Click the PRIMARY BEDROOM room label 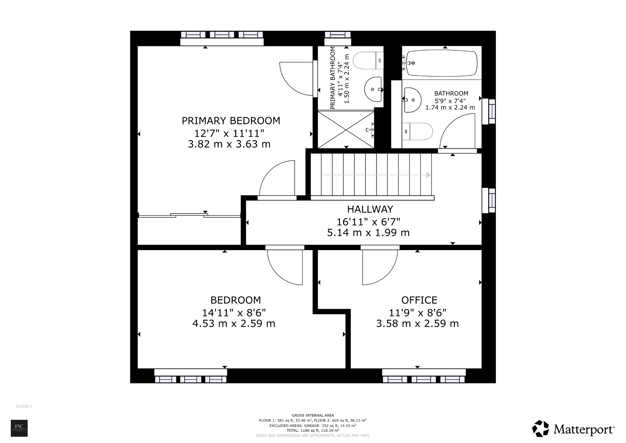tap(231, 121)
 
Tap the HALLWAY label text tap(370, 209)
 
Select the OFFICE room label tap(419, 300)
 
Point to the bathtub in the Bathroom tap(441, 64)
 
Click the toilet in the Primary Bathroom tap(368, 61)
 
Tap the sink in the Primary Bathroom tap(373, 89)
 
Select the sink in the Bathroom tap(412, 100)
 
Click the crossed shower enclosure tap(346, 130)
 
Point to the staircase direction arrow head tap(429, 175)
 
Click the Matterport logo tap(573, 429)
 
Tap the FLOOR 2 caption tap(24, 406)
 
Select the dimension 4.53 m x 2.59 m tap(234, 323)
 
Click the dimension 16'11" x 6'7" tap(368, 221)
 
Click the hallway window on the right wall tap(488, 200)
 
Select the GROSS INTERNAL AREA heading tap(313, 415)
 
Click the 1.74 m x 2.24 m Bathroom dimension tap(450, 107)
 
